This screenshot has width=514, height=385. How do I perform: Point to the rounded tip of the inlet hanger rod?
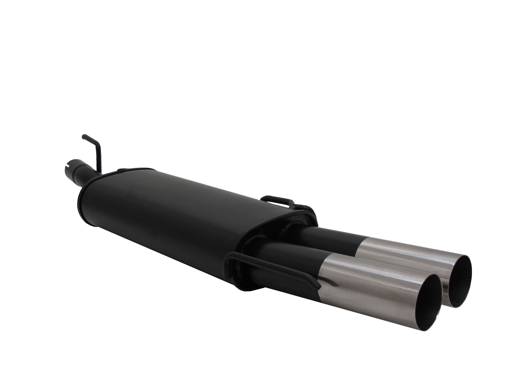(x=84, y=136)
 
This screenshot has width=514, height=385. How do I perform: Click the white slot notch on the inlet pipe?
(x=68, y=165)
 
